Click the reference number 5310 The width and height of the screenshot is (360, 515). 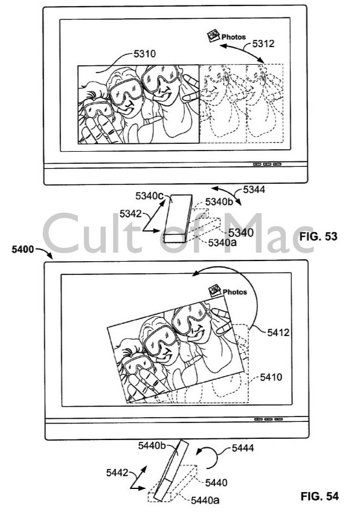pos(144,54)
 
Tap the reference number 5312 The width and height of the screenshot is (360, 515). pos(263,44)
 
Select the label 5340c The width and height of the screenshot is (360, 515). pos(149,196)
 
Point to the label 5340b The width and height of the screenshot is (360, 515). pos(219,202)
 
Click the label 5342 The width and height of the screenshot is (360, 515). pos(130,214)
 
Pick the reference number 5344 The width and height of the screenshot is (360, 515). pos(254,190)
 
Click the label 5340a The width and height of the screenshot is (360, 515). pos(222,242)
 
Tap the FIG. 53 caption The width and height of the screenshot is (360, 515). pos(318,236)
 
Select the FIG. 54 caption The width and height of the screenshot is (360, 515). pos(320,496)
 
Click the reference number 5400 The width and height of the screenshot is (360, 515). pos(22,249)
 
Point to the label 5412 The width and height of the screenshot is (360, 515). pos(278,332)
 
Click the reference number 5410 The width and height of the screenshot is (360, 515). pos(271,377)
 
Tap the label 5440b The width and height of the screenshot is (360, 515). pos(152,445)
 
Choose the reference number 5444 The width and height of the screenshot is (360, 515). pos(243,448)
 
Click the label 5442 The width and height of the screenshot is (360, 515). pos(117,473)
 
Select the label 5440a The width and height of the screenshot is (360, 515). pos(205,500)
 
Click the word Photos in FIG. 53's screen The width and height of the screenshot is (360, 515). pos(234,37)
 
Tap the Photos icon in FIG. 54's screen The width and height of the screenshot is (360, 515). pos(215,290)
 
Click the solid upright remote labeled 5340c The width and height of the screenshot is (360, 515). pos(178,219)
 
